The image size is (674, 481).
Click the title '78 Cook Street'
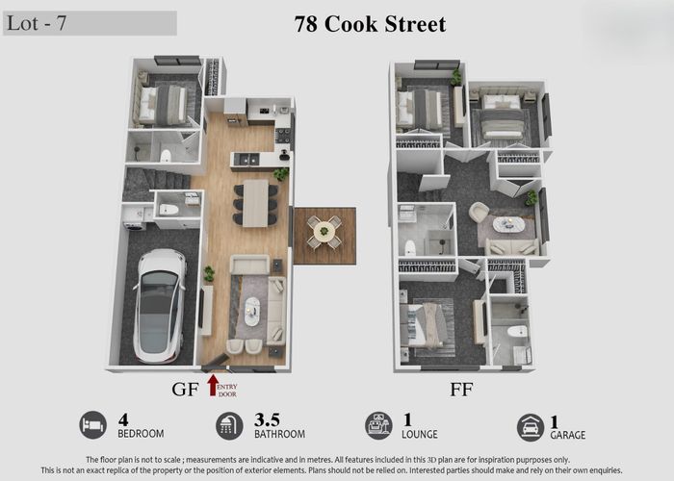[x=370, y=24]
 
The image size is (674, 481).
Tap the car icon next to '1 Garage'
[x=531, y=426]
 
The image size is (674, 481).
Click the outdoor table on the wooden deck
[x=324, y=230]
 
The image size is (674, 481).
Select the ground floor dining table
[x=255, y=202]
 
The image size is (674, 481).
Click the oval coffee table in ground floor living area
[x=252, y=310]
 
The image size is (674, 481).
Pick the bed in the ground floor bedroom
[x=165, y=104]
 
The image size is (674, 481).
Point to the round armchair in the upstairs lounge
[x=479, y=211]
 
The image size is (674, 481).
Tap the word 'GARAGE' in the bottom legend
[x=568, y=435]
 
